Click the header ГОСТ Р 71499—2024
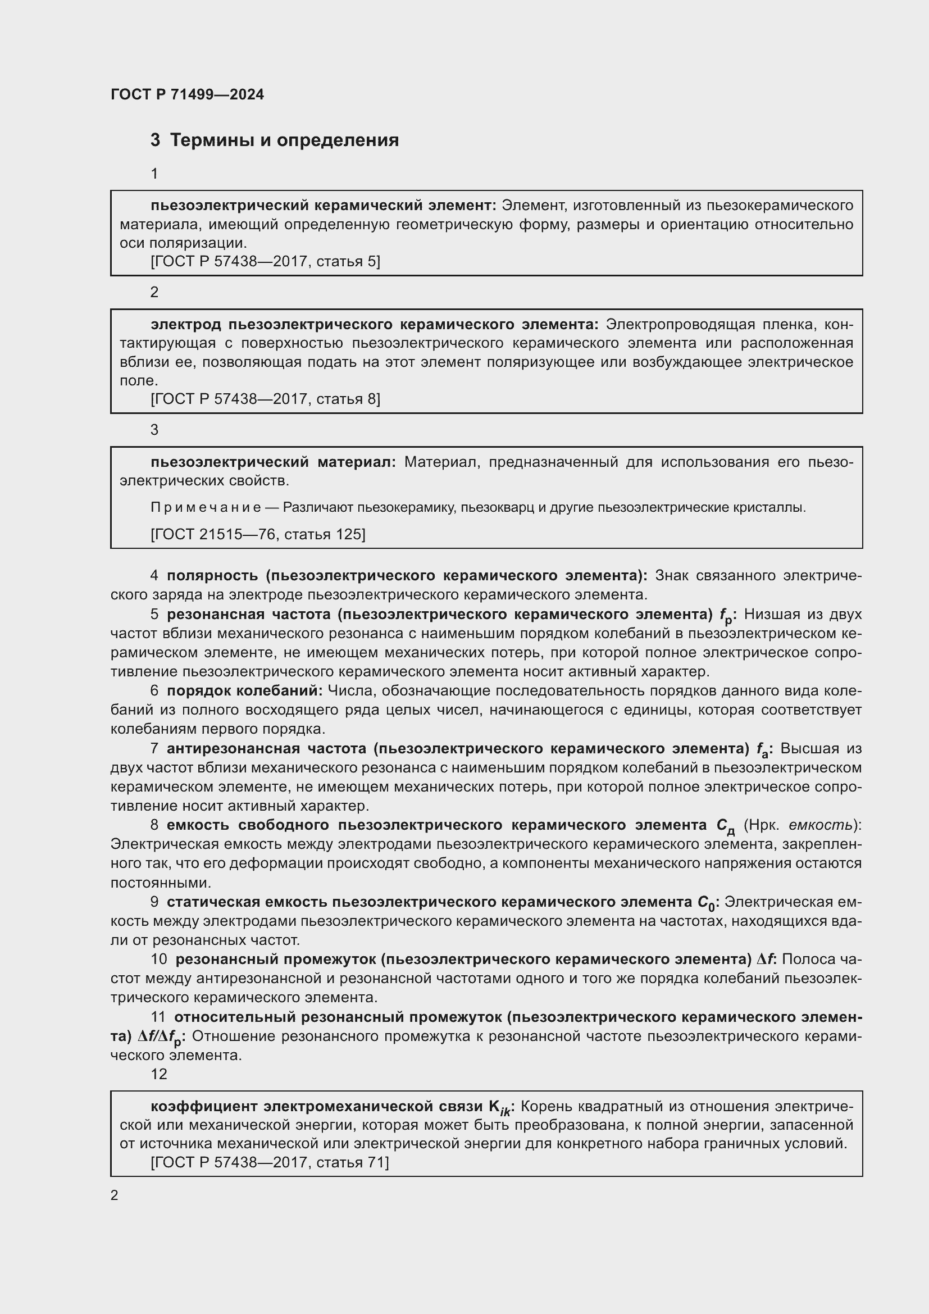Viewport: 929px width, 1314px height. pyautogui.click(x=187, y=94)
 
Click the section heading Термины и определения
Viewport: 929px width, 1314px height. pyautogui.click(x=284, y=140)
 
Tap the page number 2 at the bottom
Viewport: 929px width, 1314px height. pyautogui.click(x=115, y=1195)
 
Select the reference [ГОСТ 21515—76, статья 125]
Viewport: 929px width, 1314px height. pyautogui.click(x=257, y=534)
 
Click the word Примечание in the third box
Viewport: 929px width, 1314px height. pyautogui.click(x=206, y=507)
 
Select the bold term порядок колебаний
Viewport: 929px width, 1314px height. pyautogui.click(x=244, y=691)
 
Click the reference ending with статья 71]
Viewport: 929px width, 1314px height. pyautogui.click(x=270, y=1162)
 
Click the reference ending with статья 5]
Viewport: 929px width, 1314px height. pyautogui.click(x=265, y=261)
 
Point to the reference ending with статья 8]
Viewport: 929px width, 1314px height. pyautogui.click(x=265, y=398)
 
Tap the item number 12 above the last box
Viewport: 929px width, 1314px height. pyautogui.click(x=158, y=1074)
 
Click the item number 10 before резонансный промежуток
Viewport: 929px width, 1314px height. pyautogui.click(x=158, y=959)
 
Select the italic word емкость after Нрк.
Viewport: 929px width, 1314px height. pyautogui.click(x=823, y=825)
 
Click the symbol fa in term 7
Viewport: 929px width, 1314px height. pyautogui.click(x=764, y=750)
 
